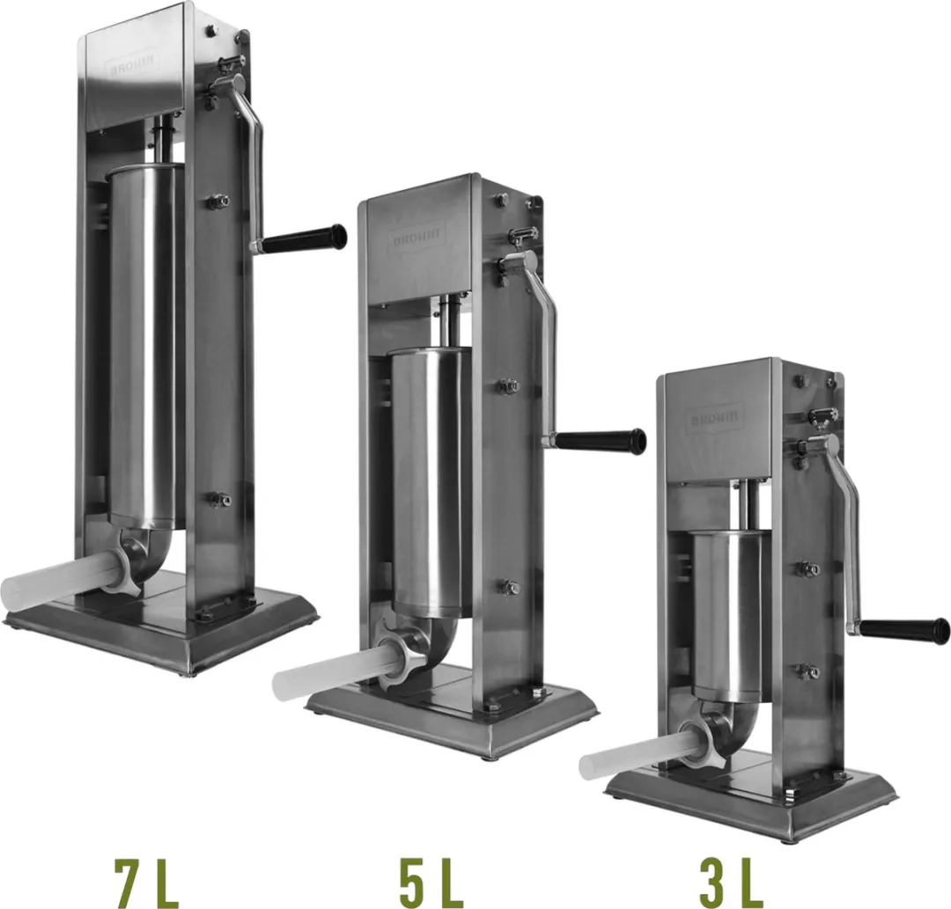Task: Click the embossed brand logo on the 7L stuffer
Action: pyautogui.click(x=134, y=63)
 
